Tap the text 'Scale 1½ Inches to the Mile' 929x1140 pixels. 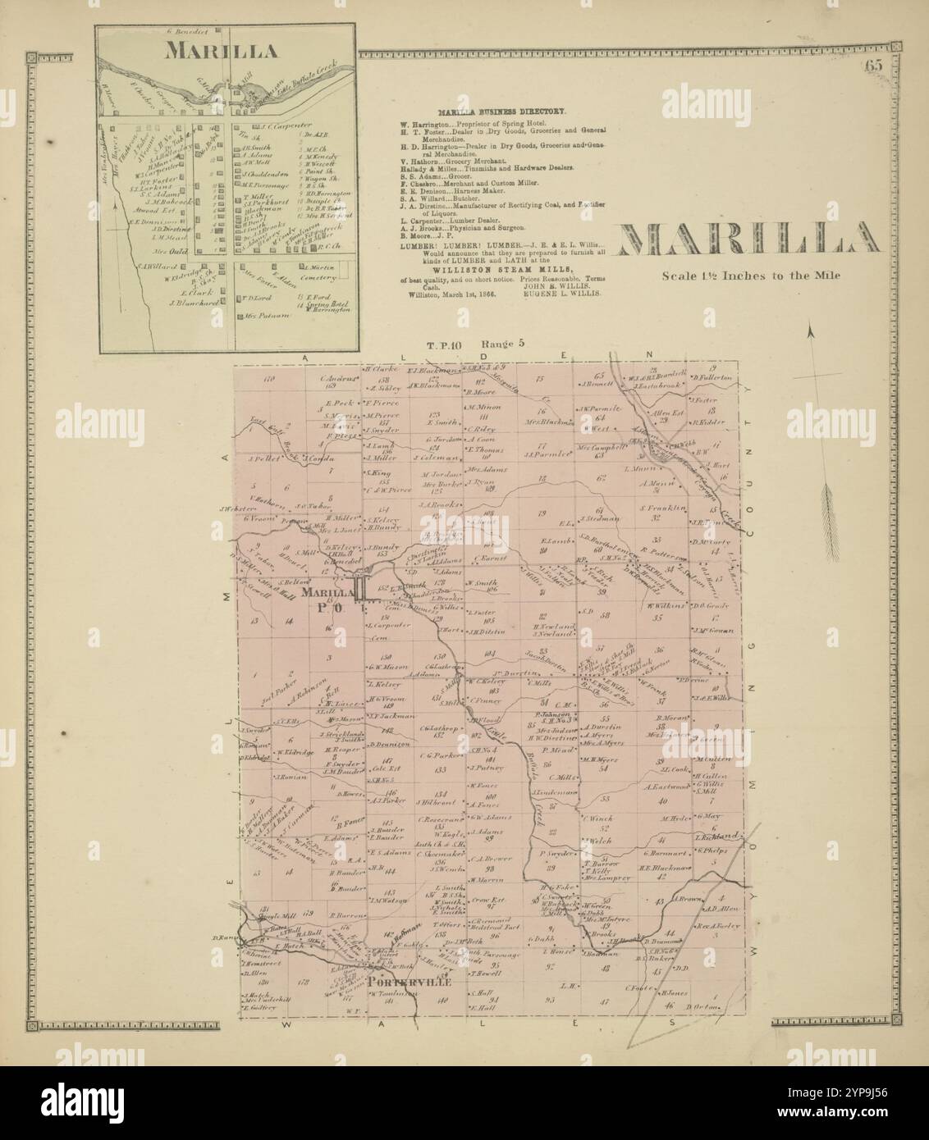pyautogui.click(x=745, y=276)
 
